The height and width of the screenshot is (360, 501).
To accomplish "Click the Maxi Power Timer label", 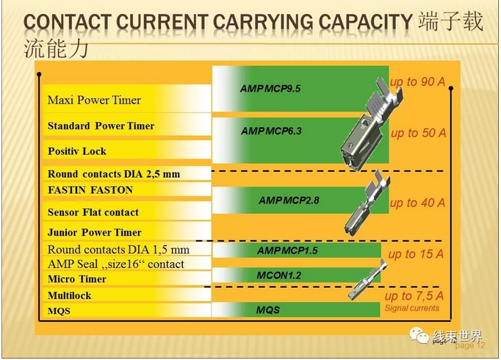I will click(x=94, y=100).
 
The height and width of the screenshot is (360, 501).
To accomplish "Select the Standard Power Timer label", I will click(x=101, y=126).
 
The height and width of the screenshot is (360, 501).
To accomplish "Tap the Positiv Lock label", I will click(x=77, y=151).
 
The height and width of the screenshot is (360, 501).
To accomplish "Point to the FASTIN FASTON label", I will click(x=90, y=190).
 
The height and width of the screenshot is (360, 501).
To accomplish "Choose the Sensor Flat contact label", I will click(x=93, y=212).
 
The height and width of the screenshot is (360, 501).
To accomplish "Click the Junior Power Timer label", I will click(x=94, y=232).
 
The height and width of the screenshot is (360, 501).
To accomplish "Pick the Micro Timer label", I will click(x=77, y=279).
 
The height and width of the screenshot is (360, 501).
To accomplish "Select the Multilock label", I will click(x=70, y=295).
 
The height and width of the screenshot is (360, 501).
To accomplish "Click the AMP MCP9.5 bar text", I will click(x=270, y=88).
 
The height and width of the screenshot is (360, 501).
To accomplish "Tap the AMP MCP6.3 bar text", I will click(x=271, y=132).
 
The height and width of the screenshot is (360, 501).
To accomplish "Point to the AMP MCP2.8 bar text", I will click(x=289, y=200).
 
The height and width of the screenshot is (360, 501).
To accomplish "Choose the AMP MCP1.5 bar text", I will click(x=287, y=251).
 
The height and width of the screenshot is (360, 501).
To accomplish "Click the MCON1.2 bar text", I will click(x=279, y=275).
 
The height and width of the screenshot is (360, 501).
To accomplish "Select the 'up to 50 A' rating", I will click(x=418, y=133).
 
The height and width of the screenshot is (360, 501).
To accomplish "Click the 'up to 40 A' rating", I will click(x=417, y=203).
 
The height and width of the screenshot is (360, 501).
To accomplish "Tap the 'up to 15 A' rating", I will click(x=416, y=254).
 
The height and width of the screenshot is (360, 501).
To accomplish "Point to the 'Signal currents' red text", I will click(x=412, y=309).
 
